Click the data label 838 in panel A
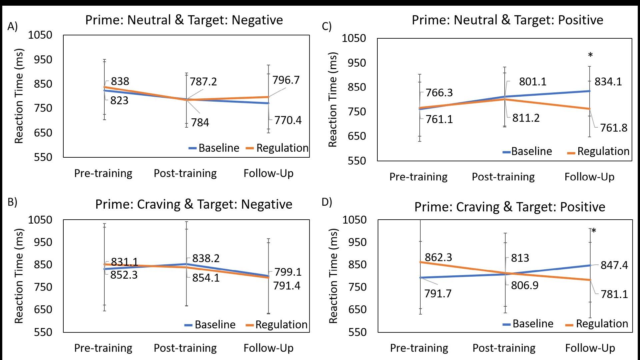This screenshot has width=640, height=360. coord(120,81)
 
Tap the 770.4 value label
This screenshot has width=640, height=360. coord(288,120)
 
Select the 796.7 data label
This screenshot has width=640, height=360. coord(286,80)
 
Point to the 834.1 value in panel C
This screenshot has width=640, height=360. coord(608,82)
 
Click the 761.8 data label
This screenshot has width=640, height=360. coord(614,128)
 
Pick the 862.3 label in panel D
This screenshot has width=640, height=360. coord(438,257)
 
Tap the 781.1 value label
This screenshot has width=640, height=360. coord(614,294)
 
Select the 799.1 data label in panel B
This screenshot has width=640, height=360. coord(288,272)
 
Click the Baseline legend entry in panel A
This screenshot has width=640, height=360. coord(214,148)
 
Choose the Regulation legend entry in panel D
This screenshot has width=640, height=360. coord(597,324)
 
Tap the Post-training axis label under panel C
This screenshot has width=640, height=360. coord(503,177)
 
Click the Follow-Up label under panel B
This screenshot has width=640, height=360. coord(268,348)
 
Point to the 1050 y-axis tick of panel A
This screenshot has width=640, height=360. coord(40,35)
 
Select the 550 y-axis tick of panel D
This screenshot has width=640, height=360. coord(357,332)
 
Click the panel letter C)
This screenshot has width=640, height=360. coord(327,26)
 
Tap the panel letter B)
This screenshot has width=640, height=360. coord(12,202)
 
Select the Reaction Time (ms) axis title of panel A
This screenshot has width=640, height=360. coord(19,96)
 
